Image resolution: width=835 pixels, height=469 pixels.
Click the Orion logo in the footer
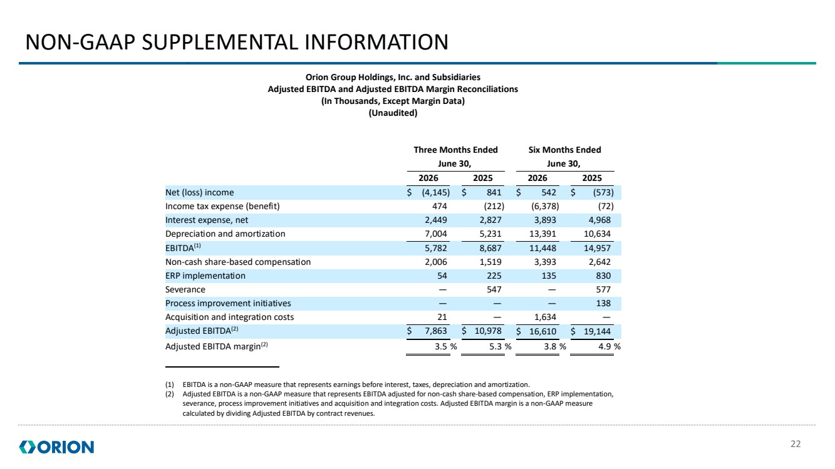click(56, 447)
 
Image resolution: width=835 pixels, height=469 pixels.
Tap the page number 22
click(796, 444)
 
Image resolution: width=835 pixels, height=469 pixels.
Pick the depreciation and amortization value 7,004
click(436, 234)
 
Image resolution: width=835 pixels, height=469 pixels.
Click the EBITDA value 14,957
click(597, 248)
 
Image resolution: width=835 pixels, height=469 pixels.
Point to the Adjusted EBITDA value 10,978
click(488, 331)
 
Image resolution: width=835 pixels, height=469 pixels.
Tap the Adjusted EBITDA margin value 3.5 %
click(446, 346)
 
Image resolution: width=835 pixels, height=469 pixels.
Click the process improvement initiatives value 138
click(603, 303)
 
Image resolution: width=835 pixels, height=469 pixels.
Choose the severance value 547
click(494, 289)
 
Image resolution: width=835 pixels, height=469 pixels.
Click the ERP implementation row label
click(205, 276)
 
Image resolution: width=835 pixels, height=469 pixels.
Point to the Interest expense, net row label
click(207, 220)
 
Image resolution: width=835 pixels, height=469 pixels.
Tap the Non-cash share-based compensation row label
click(238, 262)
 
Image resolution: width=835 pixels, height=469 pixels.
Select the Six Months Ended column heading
click(565, 150)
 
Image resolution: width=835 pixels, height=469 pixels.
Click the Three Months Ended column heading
click(455, 150)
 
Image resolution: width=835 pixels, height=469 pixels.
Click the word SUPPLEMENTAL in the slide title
click(220, 42)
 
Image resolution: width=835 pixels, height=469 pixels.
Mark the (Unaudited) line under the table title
click(393, 113)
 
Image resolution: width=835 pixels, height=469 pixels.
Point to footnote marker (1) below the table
click(170, 384)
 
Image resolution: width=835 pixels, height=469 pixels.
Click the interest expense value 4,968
click(599, 220)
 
